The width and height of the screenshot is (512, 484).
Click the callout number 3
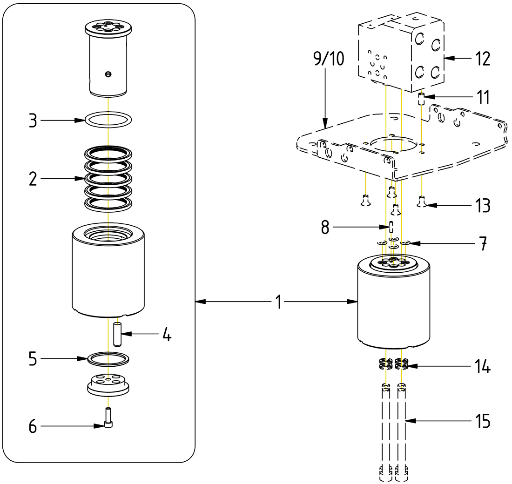point(33,120)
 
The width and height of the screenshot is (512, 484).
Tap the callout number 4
point(166,334)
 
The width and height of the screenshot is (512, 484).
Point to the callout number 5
point(33,359)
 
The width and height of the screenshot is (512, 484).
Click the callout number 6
point(33,425)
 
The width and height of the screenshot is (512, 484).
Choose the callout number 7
point(483,243)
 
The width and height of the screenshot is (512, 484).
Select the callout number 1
point(278,302)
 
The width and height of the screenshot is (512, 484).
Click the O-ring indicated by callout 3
point(108,119)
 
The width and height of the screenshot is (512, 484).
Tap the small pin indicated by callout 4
point(117,334)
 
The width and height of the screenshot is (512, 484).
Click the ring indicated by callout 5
point(108,358)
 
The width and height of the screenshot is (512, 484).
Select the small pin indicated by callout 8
point(391,227)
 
